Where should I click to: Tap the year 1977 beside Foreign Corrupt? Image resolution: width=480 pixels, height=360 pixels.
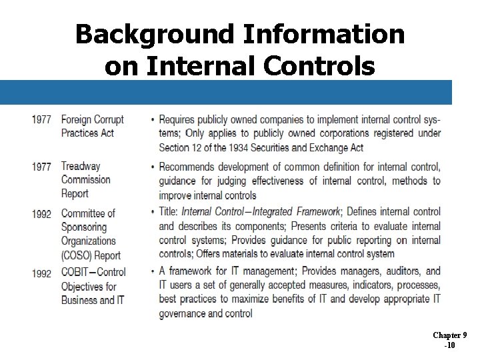pos(41,120)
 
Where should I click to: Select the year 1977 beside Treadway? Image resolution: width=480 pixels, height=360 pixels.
pos(41,167)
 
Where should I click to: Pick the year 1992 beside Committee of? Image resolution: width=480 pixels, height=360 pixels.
pos(41,214)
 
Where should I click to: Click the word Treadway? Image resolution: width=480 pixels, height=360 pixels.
pos(81,166)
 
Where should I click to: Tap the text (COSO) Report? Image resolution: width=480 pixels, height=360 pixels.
pos(91,255)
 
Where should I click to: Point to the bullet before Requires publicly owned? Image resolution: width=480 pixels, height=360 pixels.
pos(153,121)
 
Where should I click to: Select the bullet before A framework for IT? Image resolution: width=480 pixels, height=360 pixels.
pos(153,272)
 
